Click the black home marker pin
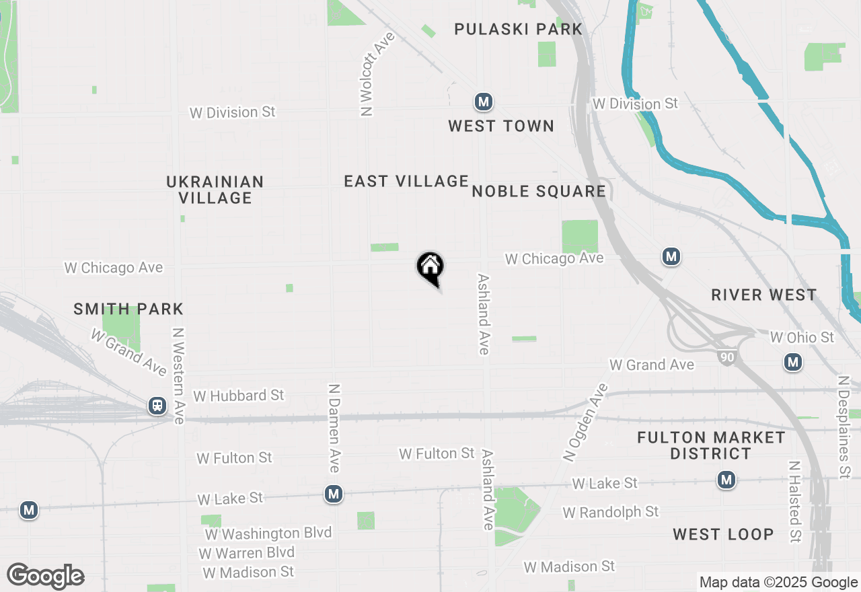pyautogui.click(x=430, y=267)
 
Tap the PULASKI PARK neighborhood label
pyautogui.click(x=518, y=29)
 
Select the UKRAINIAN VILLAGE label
pyautogui.click(x=215, y=190)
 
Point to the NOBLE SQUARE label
pyautogui.click(x=539, y=192)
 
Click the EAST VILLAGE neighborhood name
pyautogui.click(x=406, y=181)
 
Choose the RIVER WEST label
pyautogui.click(x=764, y=295)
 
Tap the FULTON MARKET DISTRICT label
pyautogui.click(x=711, y=445)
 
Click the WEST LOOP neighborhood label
pyautogui.click(x=723, y=534)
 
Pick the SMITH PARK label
pyautogui.click(x=128, y=309)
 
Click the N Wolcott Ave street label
pyautogui.click(x=368, y=74)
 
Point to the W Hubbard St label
pyautogui.click(x=239, y=396)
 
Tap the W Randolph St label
pyautogui.click(x=611, y=513)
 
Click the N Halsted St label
pyautogui.click(x=795, y=501)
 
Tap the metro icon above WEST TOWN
pyautogui.click(x=483, y=102)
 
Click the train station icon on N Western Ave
pyautogui.click(x=157, y=406)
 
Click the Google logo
pyautogui.click(x=46, y=576)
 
